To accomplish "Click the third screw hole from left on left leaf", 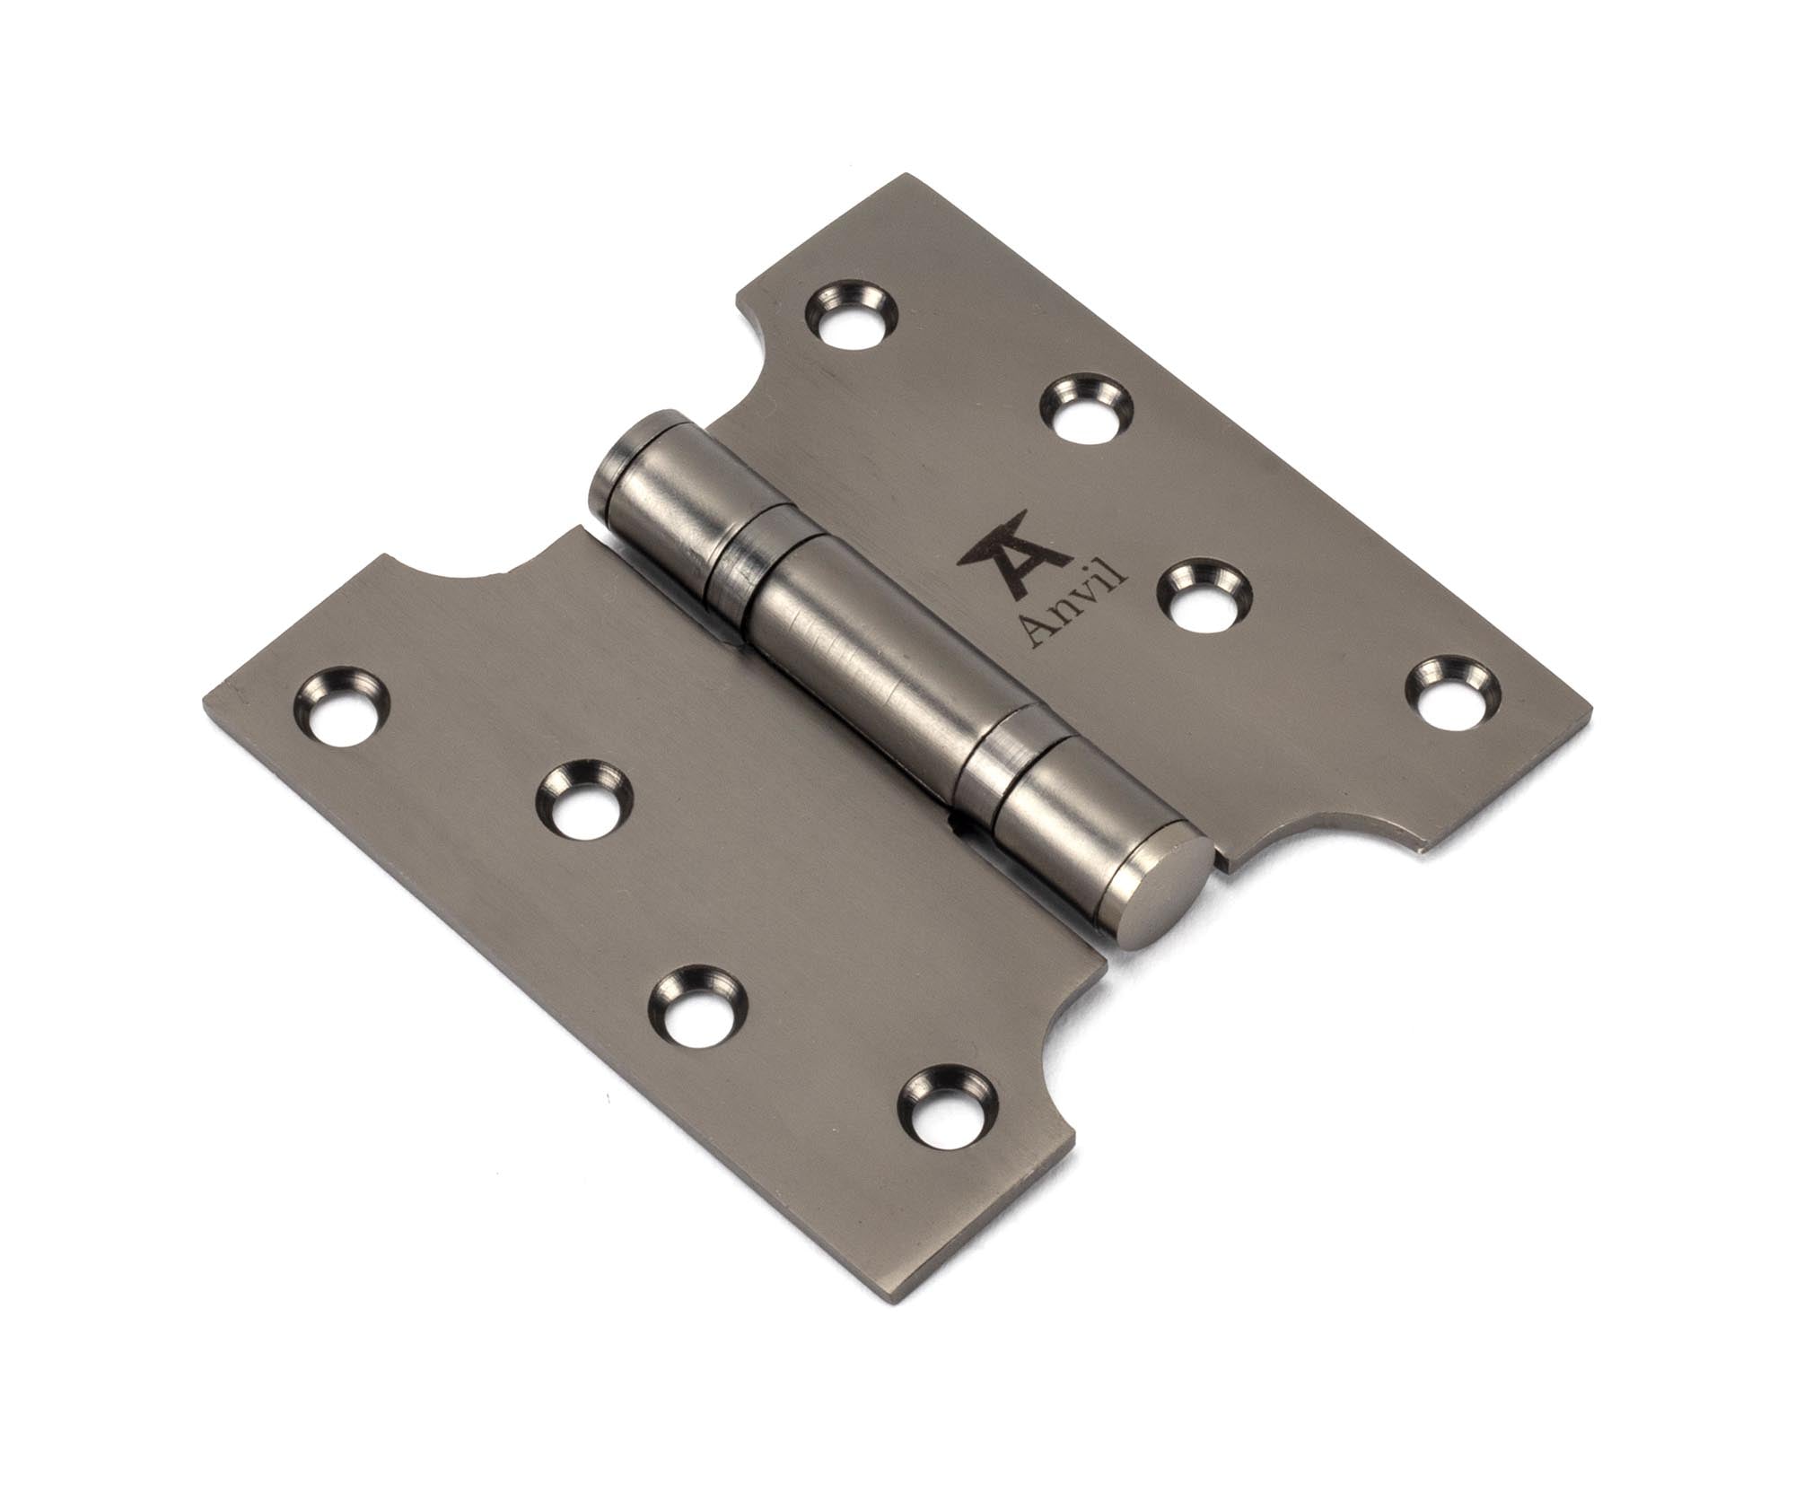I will pyautogui.click(x=696, y=1003).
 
